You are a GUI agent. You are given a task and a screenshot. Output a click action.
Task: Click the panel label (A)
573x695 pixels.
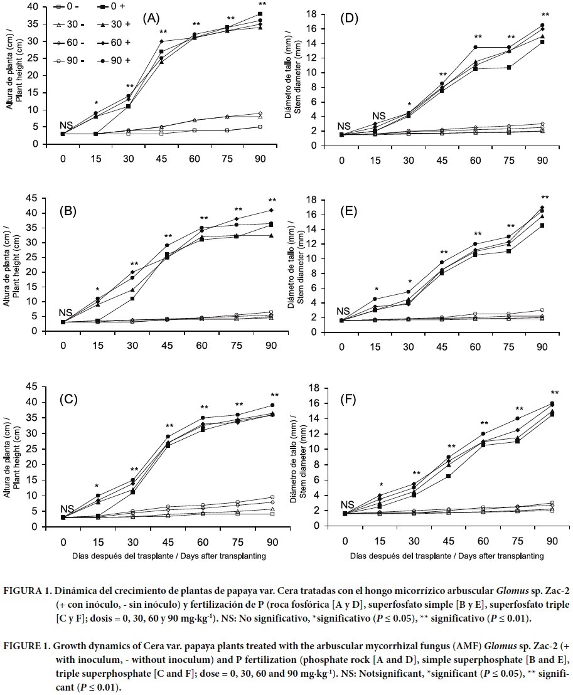(151, 18)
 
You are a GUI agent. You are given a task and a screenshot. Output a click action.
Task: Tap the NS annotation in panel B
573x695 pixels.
(65, 313)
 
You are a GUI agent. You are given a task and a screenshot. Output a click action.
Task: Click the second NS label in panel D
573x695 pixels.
(378, 116)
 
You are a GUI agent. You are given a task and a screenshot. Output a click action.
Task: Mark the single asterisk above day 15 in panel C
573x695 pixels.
(96, 486)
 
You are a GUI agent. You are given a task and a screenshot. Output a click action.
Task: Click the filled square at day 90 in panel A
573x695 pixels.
(260, 14)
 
